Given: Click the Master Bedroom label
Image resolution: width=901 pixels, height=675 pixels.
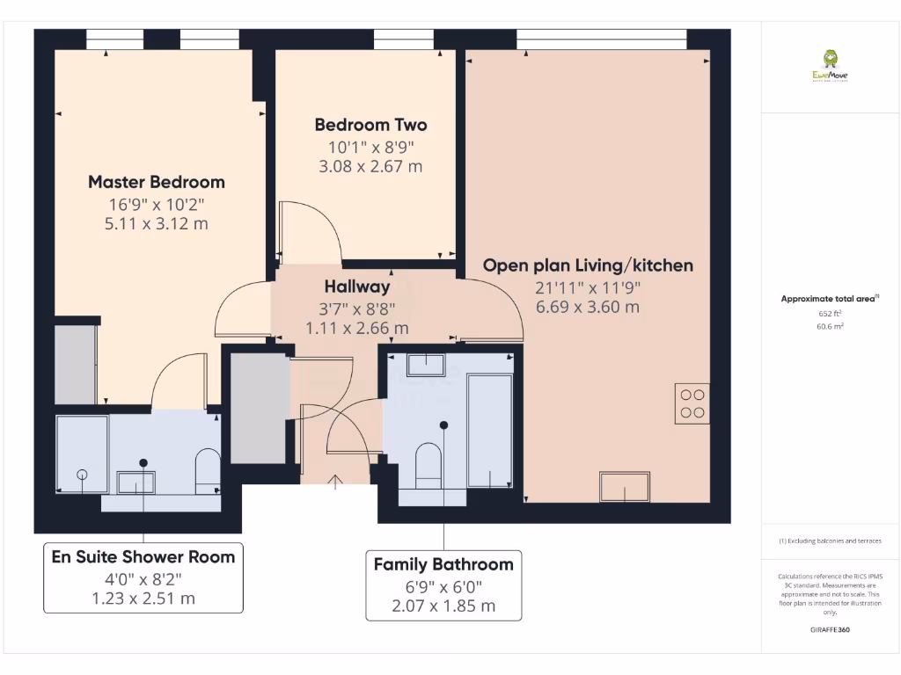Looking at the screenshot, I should pos(157,182).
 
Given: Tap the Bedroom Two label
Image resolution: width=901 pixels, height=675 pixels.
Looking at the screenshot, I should pos(370,125).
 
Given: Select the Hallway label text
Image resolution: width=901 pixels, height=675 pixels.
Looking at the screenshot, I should pos(356,287).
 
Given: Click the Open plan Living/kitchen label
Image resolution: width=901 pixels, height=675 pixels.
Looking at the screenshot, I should pos(588,265).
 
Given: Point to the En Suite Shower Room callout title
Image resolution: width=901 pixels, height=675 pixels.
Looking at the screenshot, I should pos(143,556).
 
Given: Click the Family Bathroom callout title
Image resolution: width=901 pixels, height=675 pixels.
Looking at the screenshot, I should pos(443,564).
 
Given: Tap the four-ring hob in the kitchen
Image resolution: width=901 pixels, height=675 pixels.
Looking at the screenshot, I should pos(692,403).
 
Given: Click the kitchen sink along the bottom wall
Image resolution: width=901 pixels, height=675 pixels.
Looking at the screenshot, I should pos(624,486).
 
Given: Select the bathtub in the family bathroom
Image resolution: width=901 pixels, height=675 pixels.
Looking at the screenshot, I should pos(490,429).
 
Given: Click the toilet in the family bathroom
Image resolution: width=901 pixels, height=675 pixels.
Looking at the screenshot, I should pos(428,463).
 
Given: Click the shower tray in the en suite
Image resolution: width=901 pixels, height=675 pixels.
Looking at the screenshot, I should pos(82,453).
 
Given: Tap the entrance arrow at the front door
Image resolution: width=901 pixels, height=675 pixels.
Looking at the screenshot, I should pos(335,480).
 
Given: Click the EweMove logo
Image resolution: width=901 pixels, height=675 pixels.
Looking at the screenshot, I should pos(831,65).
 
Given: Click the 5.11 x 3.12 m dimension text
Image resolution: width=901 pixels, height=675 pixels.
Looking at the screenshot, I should pos(157,223).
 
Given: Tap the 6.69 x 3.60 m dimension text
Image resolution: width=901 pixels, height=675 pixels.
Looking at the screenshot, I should pos(588,307).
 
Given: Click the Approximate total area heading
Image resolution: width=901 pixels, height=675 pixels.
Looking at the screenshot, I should pos(829,299).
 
